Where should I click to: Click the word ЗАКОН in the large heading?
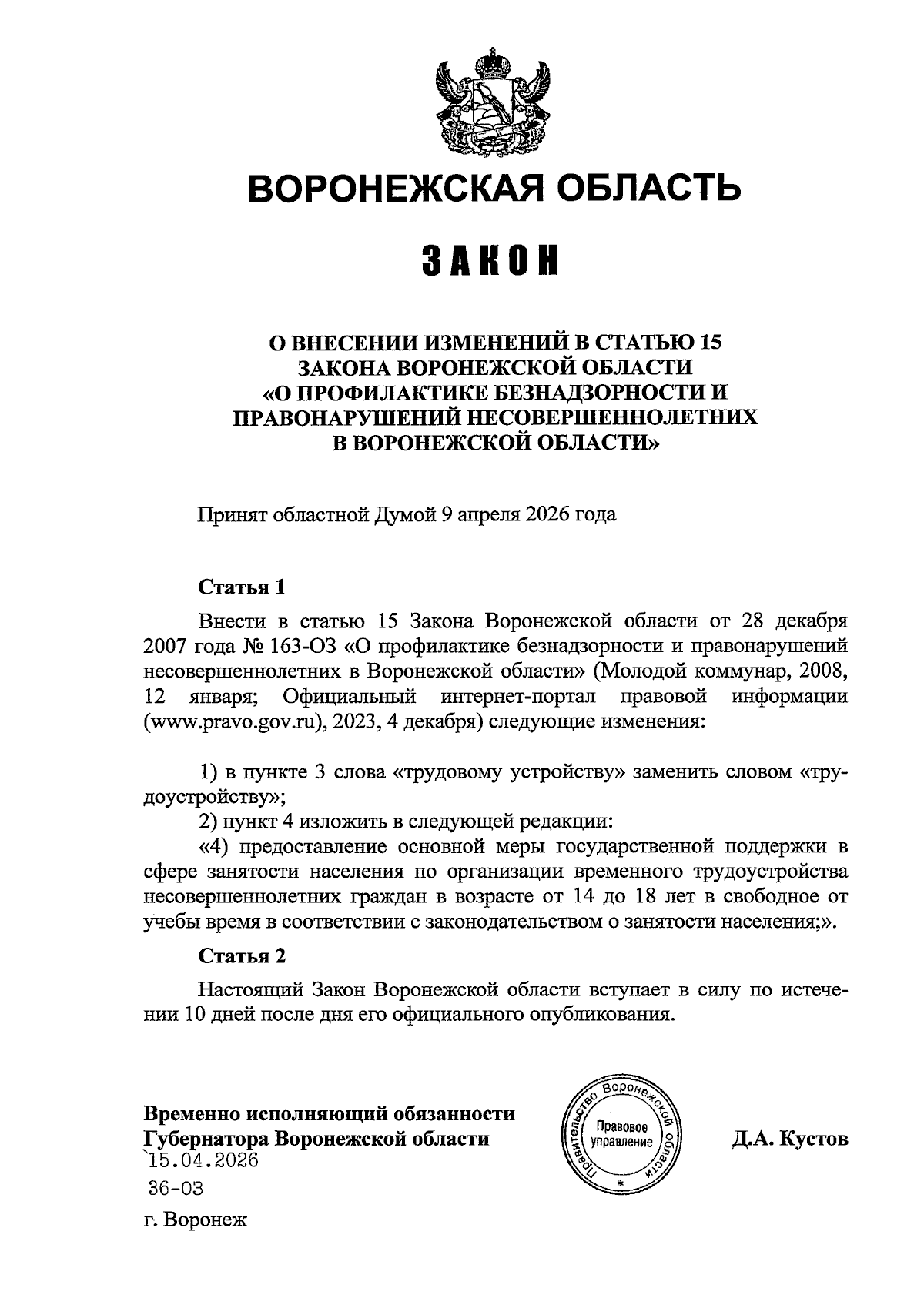pos(490,262)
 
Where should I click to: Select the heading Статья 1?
pos(242,587)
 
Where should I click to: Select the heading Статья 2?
pos(242,955)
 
